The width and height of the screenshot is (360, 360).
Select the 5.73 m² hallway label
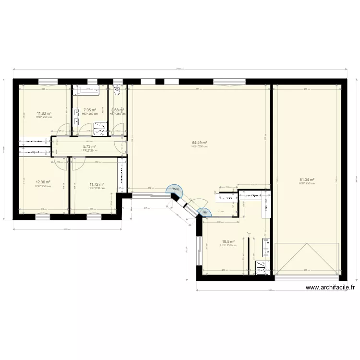pos(89,146)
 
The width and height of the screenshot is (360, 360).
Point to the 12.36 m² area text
pos(43,182)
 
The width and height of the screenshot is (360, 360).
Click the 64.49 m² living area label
pos(199,143)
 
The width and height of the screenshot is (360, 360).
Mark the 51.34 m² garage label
pos(307,180)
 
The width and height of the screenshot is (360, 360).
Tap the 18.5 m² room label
pos(228,241)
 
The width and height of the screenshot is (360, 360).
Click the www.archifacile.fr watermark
pos(330,288)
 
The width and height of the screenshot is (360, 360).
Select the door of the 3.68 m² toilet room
pos(117,129)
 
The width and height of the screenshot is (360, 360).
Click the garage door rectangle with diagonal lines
pos(307,259)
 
